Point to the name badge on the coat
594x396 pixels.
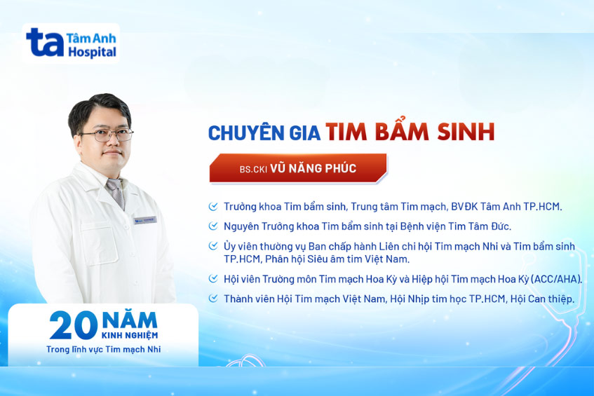click(x=145, y=220)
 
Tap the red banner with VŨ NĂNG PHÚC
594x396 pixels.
click(x=298, y=169)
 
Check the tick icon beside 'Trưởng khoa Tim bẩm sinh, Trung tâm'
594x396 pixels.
click(x=213, y=207)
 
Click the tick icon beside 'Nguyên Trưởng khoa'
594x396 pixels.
click(x=213, y=226)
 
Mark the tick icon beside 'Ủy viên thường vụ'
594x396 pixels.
click(x=213, y=246)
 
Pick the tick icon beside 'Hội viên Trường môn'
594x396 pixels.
click(x=213, y=279)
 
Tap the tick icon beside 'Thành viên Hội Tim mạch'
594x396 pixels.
click(x=213, y=299)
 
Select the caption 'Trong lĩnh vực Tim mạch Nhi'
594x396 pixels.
click(x=104, y=349)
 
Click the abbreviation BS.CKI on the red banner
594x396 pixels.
click(x=252, y=170)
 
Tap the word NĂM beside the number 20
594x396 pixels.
click(x=129, y=320)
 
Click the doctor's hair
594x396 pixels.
click(x=98, y=107)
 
